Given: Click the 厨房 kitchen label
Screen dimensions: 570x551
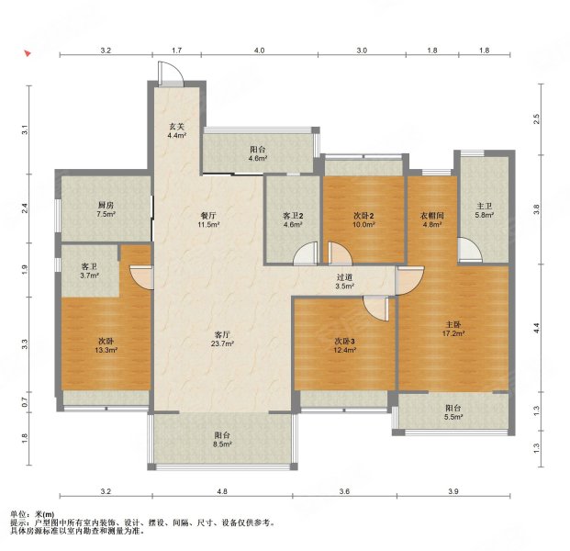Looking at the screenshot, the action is [x=106, y=206].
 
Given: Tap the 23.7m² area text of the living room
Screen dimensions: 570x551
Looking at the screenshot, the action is [x=222, y=343].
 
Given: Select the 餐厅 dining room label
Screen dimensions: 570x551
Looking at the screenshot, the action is [x=208, y=216].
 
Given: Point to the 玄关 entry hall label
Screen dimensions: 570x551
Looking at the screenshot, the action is [x=176, y=127].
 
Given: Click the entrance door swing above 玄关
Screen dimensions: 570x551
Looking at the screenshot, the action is [x=171, y=74].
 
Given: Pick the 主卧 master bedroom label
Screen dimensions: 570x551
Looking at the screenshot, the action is [x=453, y=324].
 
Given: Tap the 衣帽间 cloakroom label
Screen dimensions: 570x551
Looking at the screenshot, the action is [x=432, y=216].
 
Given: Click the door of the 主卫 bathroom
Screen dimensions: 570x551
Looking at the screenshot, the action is [x=470, y=250].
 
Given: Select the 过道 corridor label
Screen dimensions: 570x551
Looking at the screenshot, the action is [x=344, y=277].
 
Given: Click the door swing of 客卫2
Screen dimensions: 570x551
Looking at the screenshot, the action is [x=306, y=253].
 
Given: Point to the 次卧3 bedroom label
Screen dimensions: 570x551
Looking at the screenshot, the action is [x=344, y=341].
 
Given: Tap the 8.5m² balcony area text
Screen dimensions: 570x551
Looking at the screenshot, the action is [x=222, y=444].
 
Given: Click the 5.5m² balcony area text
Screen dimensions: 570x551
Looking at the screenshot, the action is [x=453, y=417].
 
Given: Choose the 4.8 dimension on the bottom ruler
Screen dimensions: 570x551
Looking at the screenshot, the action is [x=222, y=491].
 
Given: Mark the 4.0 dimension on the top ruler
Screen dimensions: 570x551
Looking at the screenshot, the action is [x=259, y=51].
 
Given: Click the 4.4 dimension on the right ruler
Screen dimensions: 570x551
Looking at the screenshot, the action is [x=537, y=328].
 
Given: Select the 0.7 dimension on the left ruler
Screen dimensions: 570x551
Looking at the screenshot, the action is [x=25, y=402].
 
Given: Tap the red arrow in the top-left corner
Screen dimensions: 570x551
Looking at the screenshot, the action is [x=28, y=53].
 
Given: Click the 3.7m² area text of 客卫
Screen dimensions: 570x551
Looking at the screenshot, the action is [x=89, y=275].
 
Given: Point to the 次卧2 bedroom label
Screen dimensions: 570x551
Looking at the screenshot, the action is [x=363, y=216].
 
